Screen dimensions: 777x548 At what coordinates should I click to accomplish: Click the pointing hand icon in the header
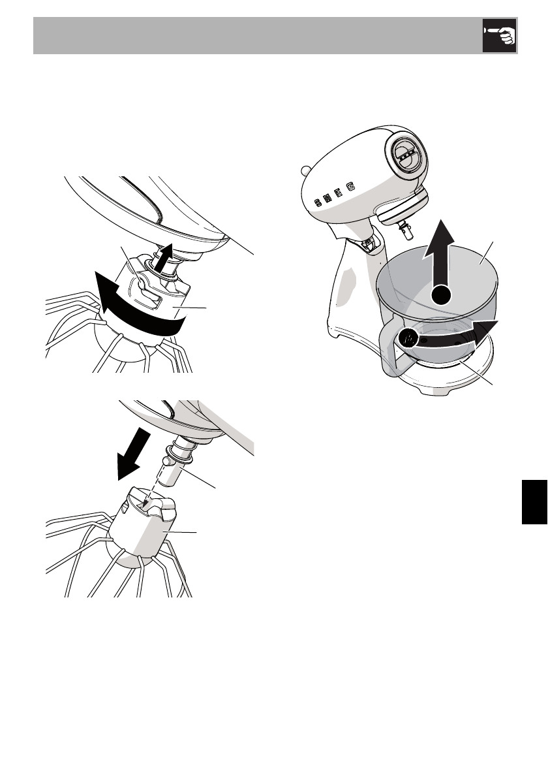click(x=499, y=36)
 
